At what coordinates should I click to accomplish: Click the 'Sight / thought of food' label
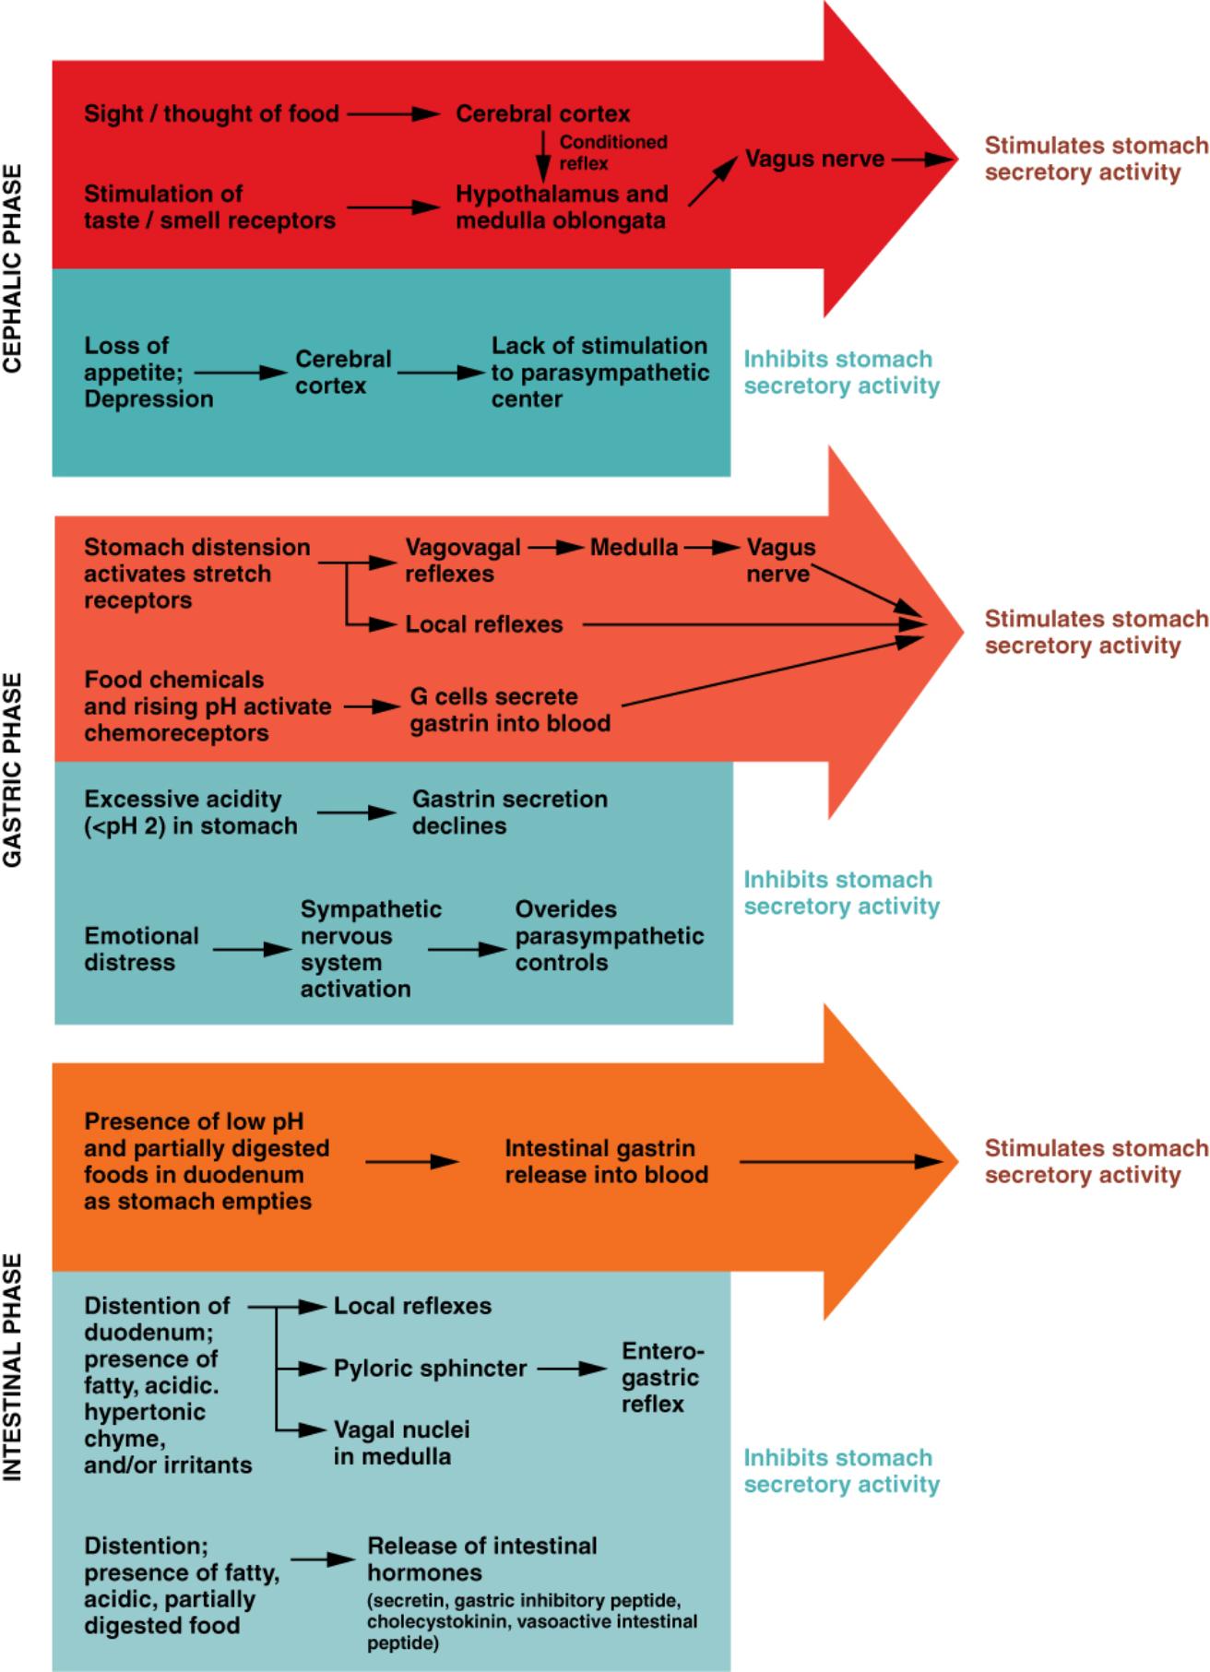[211, 114]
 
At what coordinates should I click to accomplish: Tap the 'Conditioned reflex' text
[612, 152]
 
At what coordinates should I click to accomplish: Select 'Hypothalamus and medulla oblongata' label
[561, 208]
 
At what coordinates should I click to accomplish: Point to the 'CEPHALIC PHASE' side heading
[13, 267]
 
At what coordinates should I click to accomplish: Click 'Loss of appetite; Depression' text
[148, 373]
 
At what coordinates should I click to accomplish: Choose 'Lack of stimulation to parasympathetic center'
[599, 373]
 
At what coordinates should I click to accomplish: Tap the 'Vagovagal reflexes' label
[462, 561]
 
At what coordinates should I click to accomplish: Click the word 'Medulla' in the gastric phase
[634, 548]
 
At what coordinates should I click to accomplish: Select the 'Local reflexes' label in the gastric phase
[483, 624]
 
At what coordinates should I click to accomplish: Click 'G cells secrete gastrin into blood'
[510, 710]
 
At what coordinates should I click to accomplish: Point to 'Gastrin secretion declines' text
[509, 812]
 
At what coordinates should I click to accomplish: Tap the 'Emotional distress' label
[141, 949]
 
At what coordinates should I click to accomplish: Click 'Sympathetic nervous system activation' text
[371, 949]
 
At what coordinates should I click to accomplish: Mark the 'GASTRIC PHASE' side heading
[13, 769]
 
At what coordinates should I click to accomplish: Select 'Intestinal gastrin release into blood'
[606, 1162]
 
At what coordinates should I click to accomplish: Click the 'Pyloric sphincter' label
[430, 1369]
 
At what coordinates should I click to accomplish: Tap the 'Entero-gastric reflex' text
[659, 1378]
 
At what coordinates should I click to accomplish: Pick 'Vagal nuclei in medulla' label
[401, 1443]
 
